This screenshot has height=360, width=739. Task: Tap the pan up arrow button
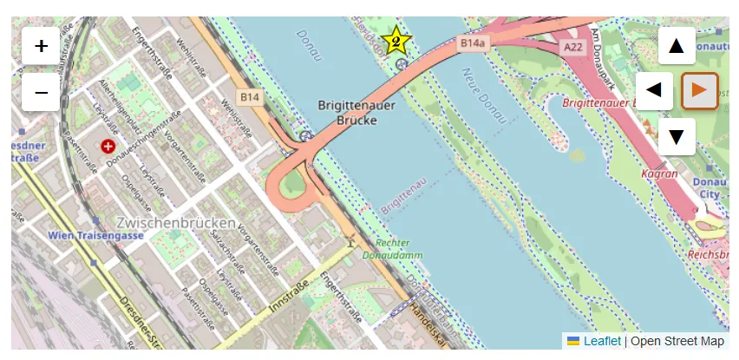677,46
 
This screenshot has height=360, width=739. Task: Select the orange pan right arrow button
700,90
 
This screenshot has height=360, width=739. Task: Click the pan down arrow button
677,136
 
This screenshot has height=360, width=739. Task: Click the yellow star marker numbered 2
396,40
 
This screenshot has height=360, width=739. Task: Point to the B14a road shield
473,43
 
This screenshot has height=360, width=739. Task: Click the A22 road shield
572,47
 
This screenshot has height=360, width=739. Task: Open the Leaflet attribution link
601,342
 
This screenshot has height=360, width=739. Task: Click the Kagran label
659,174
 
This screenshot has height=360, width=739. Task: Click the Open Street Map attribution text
677,342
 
